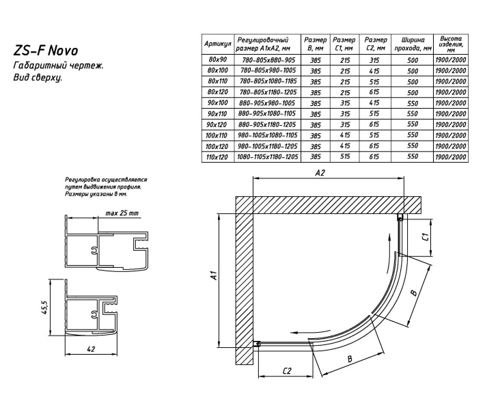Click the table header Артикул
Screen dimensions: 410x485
click(217, 42)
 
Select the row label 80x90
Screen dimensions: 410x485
click(217, 59)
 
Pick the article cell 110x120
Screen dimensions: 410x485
click(217, 156)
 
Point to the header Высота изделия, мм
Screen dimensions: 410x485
click(452, 42)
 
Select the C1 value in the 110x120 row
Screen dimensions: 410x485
click(345, 156)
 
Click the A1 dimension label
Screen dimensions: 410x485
click(212, 277)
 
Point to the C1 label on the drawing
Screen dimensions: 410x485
click(425, 236)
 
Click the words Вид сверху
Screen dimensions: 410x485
click(38, 78)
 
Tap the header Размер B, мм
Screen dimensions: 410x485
click(315, 42)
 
